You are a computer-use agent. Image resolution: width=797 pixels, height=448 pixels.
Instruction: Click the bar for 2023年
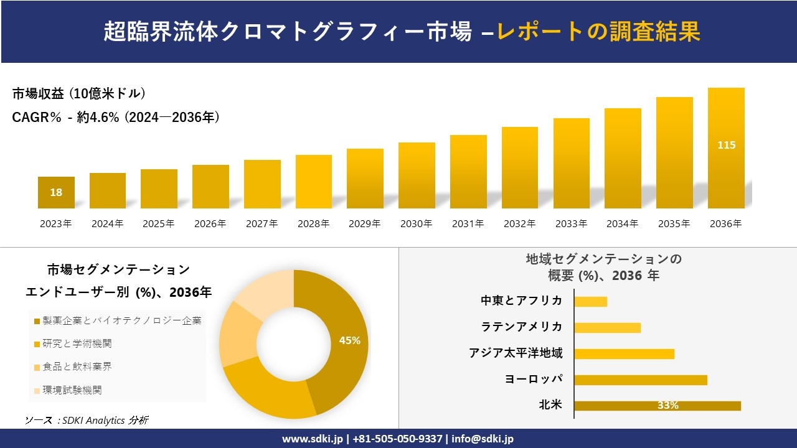pos(56,192)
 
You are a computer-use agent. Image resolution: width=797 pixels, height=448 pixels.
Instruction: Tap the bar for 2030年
pos(417,175)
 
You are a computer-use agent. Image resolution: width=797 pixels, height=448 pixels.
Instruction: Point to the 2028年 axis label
pos(313,224)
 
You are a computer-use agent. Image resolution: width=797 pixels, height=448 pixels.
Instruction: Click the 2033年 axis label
pos(571,224)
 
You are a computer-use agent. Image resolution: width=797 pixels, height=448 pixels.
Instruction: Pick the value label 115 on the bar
pos(726,145)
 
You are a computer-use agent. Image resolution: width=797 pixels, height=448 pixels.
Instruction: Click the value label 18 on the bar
pos(56,192)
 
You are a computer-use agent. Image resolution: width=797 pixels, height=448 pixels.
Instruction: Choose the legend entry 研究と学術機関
pos(77,343)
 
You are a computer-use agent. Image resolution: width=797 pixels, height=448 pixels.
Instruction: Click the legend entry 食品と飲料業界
pos(77,366)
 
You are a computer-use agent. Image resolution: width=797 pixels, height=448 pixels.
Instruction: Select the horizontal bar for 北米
pos(658,406)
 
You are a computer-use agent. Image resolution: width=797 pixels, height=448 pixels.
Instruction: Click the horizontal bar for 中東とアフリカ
pos(590,302)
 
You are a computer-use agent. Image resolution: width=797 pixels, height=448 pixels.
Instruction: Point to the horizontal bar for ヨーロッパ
pos(641,380)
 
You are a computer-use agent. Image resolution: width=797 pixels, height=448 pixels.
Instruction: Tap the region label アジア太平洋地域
pos(516,353)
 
